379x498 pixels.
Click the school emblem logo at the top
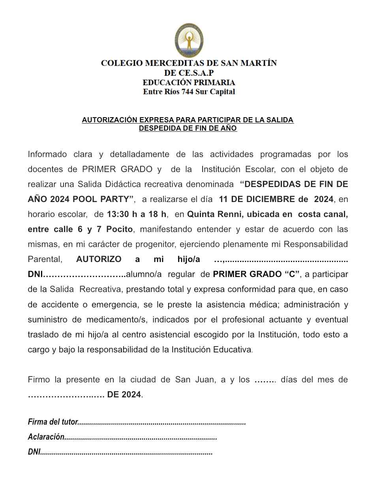(189, 40)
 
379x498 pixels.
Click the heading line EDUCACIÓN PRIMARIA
(189, 82)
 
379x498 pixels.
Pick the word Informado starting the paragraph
(46, 154)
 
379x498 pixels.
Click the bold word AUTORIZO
(99, 259)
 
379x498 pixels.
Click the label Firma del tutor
(53, 422)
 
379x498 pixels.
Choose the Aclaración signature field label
(46, 437)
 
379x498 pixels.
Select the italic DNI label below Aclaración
(34, 452)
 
